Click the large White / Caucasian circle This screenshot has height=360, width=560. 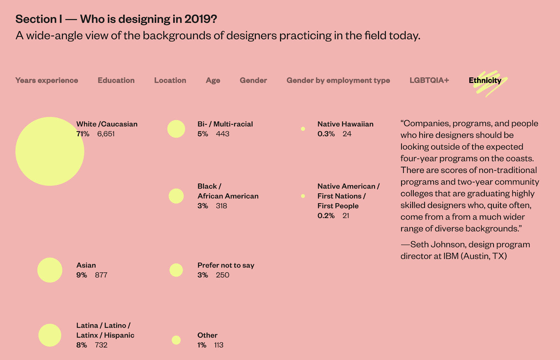coord(50,151)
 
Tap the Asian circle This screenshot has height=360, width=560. coord(50,270)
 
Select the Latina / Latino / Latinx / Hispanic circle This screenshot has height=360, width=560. coord(50,335)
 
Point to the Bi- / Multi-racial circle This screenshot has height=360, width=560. coord(176,129)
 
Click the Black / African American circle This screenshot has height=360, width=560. coord(176,196)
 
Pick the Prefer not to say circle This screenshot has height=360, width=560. coord(176,270)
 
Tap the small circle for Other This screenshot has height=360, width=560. coord(176,340)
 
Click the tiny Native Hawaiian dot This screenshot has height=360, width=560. coord(303,129)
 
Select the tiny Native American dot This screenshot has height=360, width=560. coord(303,196)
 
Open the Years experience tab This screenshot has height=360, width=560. coord(47,80)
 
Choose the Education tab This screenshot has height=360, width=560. coord(116,80)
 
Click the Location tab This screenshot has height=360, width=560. coord(170,80)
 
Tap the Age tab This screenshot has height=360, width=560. coord(213,81)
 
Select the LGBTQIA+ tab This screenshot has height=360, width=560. coord(429,80)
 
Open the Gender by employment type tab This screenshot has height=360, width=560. coord(338,81)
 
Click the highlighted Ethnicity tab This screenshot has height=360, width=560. coord(485,81)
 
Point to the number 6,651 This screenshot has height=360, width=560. coord(106,134)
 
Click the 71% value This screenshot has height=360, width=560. coord(83,134)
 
